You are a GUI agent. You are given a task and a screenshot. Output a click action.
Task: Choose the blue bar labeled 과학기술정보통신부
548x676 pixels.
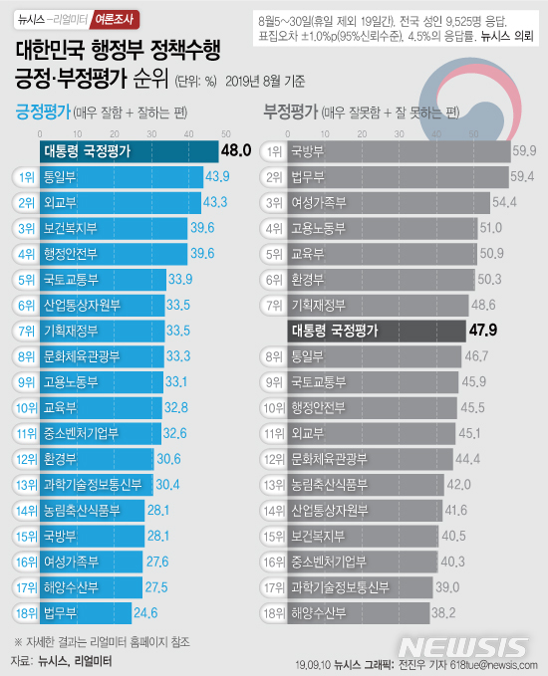(95, 485)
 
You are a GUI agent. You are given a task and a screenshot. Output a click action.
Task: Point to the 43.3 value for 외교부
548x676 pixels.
(216, 202)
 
